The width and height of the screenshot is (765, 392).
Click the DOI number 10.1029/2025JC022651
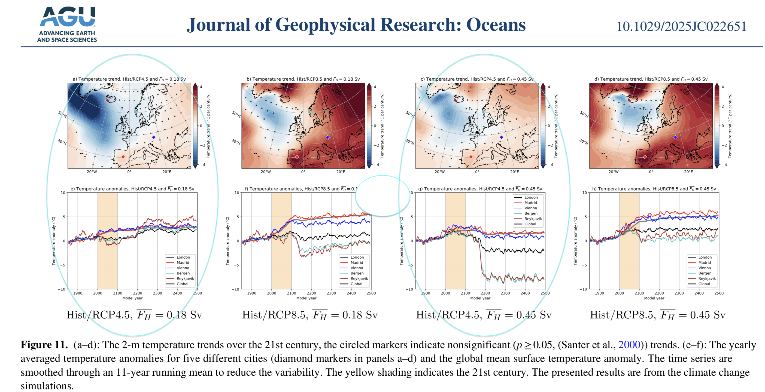[x=681, y=26]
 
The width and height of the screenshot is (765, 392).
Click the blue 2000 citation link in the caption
[x=629, y=345]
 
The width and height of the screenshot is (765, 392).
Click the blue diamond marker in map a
[x=154, y=137]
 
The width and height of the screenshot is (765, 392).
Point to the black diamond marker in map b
[x=303, y=132]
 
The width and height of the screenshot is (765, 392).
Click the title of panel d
[x=651, y=79]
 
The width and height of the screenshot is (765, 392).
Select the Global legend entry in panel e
[x=182, y=284]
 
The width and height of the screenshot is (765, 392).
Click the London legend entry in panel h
[x=705, y=257]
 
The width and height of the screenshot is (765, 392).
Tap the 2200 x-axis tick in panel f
[x=311, y=293]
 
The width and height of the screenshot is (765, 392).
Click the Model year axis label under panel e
[x=132, y=298]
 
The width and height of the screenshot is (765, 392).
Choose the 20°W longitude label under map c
[x=439, y=172]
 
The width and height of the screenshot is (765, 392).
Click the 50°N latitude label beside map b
[x=236, y=114]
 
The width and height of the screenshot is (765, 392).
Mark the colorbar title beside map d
[x=730, y=126]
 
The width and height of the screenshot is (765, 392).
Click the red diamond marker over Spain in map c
[x=471, y=157]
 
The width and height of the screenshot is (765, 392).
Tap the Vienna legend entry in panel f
[x=356, y=268]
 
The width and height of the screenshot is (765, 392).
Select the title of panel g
[x=480, y=189]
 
